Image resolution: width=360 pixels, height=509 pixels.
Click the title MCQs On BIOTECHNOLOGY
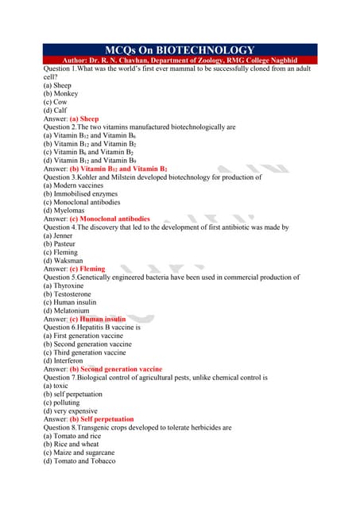180,50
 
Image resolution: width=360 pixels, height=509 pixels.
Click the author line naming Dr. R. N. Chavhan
180,60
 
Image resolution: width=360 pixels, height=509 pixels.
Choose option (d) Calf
55,110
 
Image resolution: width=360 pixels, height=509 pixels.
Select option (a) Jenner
58,235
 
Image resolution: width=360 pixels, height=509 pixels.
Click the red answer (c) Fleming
87,269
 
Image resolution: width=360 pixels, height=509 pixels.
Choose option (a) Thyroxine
63,286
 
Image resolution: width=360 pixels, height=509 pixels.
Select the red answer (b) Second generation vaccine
116,369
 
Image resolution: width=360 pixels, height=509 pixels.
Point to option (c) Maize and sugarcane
83,453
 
